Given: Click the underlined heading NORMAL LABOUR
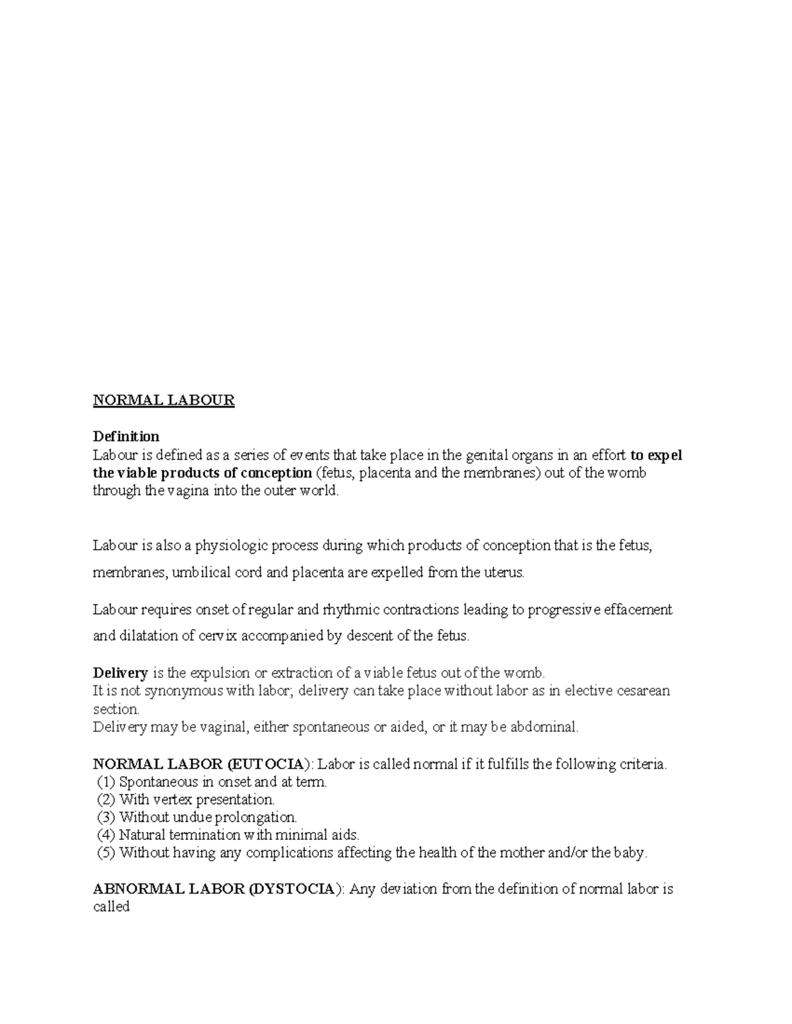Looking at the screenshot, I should (x=164, y=400).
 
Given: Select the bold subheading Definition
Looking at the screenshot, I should (x=126, y=437).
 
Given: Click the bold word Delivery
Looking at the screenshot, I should (x=120, y=673).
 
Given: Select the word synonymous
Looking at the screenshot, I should (x=181, y=691).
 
